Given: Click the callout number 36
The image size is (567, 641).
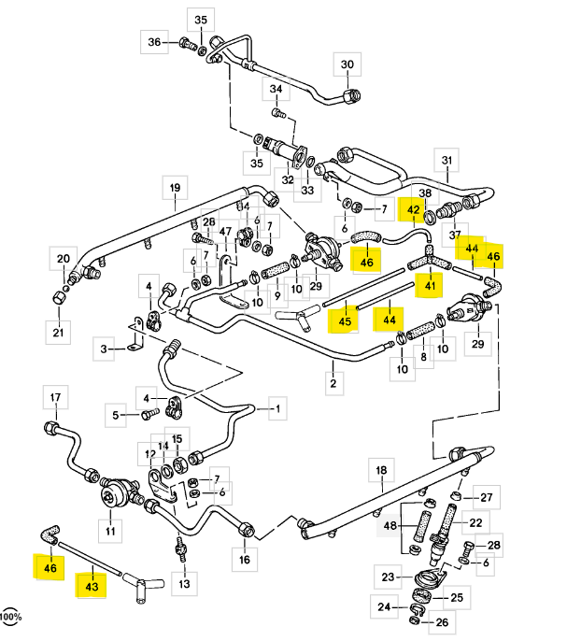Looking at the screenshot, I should pyautogui.click(x=155, y=41).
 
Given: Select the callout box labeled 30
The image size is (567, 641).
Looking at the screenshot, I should pyautogui.click(x=347, y=65).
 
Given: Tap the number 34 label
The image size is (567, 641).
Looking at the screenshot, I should pyautogui.click(x=276, y=91).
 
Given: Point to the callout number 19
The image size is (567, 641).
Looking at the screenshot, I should pyautogui.click(x=174, y=189).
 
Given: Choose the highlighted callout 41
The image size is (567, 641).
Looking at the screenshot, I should pyautogui.click(x=431, y=286).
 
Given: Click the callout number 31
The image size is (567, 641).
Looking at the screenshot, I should pyautogui.click(x=447, y=158).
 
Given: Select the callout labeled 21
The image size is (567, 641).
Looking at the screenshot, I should pyautogui.click(x=58, y=334).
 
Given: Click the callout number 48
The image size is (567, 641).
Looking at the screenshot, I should pyautogui.click(x=390, y=528).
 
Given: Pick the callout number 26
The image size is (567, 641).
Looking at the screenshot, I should pyautogui.click(x=442, y=621).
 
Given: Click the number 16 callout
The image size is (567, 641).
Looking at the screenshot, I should pyautogui.click(x=245, y=560).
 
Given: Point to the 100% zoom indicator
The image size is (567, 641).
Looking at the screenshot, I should pyautogui.click(x=10, y=618).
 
